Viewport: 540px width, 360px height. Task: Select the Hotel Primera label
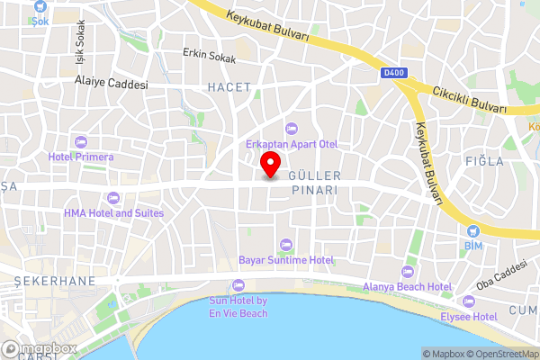click(81, 157)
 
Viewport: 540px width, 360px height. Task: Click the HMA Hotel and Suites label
click(113, 213)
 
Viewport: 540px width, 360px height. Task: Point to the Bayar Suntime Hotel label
click(286, 259)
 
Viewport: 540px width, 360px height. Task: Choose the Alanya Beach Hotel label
click(407, 286)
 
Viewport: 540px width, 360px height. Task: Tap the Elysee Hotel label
click(468, 317)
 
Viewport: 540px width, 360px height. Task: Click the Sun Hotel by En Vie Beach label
click(238, 307)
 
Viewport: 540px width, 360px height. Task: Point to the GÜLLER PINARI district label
click(313, 184)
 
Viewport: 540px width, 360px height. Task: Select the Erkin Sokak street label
click(209, 55)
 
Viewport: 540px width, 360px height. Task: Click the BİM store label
click(473, 245)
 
